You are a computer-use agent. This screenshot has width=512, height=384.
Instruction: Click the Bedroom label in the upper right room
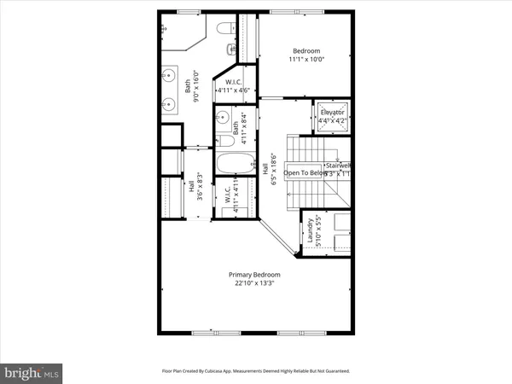(x=305, y=50)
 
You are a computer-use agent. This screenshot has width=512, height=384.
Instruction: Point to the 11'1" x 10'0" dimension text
(x=305, y=61)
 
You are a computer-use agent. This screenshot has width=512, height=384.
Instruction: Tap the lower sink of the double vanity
(x=169, y=106)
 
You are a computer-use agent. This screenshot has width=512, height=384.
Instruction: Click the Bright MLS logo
(x=31, y=372)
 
